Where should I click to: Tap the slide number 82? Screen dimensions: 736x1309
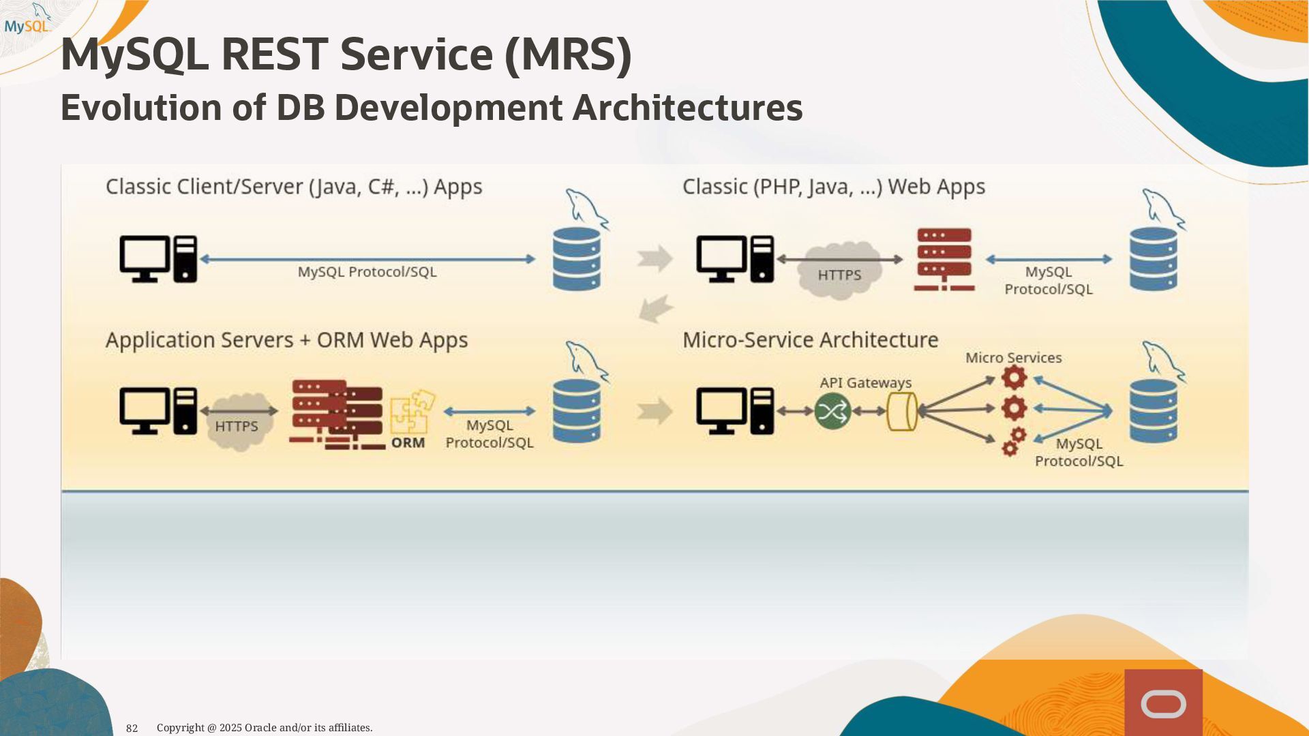(132, 728)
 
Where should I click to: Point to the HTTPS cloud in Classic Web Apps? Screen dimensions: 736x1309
(839, 270)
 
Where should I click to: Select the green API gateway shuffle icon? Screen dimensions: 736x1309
(832, 411)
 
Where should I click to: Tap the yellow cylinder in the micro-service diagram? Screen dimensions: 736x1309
(901, 411)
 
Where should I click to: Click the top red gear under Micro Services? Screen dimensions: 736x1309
(1014, 378)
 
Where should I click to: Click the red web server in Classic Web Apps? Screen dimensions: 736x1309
(944, 259)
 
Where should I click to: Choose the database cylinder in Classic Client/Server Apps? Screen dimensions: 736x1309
(577, 259)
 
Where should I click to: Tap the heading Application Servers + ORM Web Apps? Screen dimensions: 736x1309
(286, 340)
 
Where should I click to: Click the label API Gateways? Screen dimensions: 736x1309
(865, 383)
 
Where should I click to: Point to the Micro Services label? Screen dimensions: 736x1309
(1013, 358)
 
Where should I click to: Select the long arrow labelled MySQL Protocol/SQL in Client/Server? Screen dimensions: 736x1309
(367, 259)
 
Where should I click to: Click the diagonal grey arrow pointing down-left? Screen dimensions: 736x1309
(656, 309)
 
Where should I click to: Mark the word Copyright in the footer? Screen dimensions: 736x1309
(181, 728)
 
